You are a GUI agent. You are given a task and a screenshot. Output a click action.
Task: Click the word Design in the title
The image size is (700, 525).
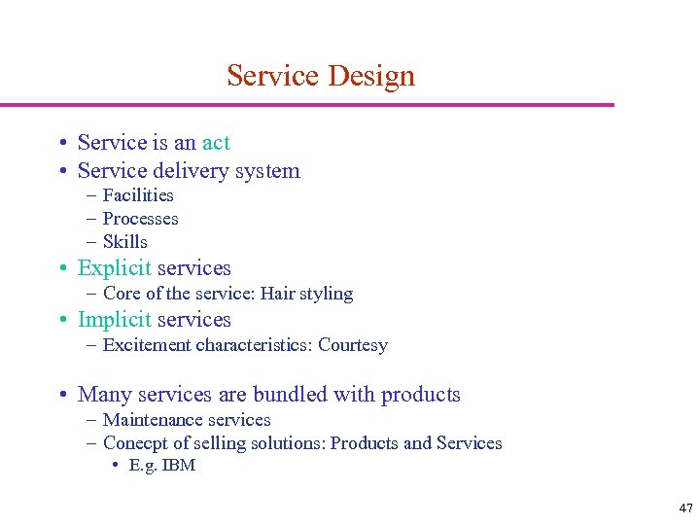click(x=372, y=76)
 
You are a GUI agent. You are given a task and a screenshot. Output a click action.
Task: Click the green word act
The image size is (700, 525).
click(x=216, y=143)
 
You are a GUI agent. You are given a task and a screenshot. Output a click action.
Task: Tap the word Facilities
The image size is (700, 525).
click(x=138, y=195)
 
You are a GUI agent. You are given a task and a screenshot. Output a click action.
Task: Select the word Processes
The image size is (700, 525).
click(x=140, y=219)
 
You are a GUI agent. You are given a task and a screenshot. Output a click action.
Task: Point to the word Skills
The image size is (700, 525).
click(x=124, y=242)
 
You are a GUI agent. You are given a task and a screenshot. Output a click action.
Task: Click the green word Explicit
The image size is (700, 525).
click(x=114, y=268)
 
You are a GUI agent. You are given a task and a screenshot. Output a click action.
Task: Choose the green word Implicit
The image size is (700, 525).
click(x=114, y=320)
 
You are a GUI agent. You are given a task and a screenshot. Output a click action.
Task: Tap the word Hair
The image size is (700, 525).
click(x=279, y=294)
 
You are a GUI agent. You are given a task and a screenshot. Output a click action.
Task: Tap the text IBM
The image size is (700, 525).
click(x=179, y=466)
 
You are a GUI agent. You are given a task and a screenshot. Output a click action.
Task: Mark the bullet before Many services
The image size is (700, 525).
click(x=61, y=395)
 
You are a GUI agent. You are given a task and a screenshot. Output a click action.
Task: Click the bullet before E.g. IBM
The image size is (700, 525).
click(x=116, y=466)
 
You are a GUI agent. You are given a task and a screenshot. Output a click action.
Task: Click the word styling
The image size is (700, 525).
click(x=326, y=294)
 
